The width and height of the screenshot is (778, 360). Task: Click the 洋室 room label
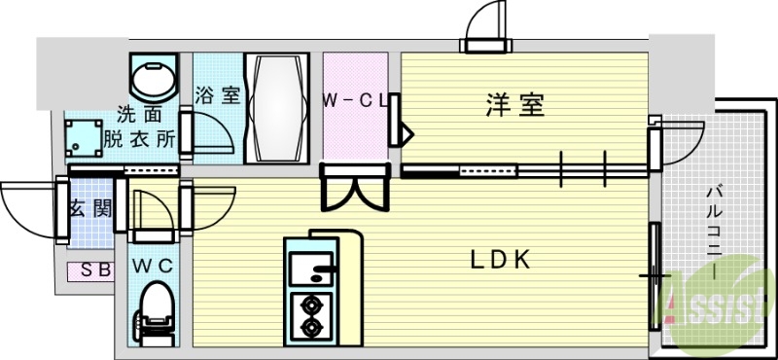(514, 103)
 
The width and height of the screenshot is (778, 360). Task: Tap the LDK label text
(500, 260)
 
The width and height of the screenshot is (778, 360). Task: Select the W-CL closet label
(356, 98)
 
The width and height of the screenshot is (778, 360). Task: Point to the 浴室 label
(217, 95)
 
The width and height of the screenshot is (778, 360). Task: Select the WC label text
(153, 265)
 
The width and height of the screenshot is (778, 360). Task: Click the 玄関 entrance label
(88, 207)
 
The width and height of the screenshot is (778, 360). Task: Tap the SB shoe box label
(94, 271)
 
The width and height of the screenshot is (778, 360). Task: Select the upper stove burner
(313, 303)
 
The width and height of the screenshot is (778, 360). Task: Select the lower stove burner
(313, 328)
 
